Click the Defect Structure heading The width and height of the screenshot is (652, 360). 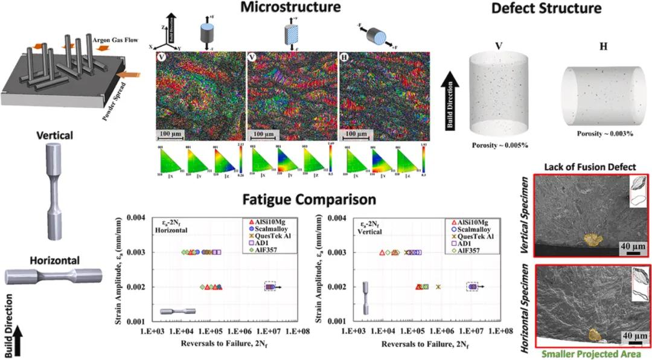(546, 8)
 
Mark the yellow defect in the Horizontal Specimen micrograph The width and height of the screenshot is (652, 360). (595, 334)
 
